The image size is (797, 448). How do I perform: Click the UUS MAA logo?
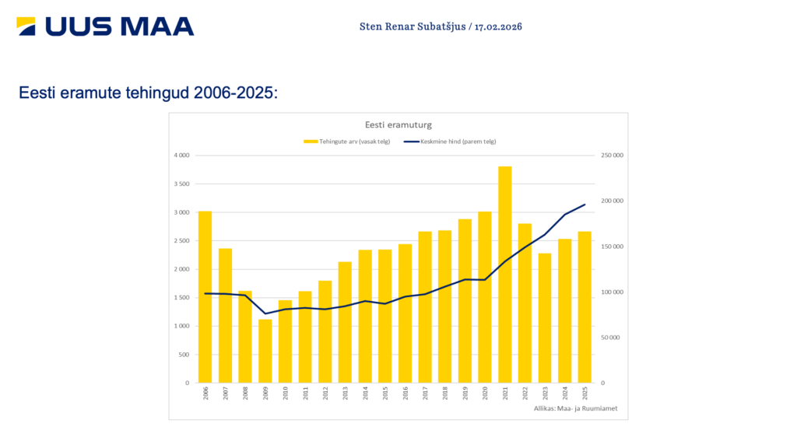click(x=105, y=26)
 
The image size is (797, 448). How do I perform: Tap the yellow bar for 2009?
click(x=265, y=351)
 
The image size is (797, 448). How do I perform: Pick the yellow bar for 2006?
click(x=205, y=296)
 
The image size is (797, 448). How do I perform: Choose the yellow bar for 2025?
click(x=585, y=306)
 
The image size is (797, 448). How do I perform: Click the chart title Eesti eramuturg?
click(x=398, y=124)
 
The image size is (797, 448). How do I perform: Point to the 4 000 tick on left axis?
click(x=181, y=156)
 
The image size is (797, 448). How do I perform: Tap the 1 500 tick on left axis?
click(x=181, y=298)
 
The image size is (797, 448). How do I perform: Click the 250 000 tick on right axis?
click(x=611, y=156)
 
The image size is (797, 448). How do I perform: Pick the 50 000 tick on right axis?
click(x=609, y=338)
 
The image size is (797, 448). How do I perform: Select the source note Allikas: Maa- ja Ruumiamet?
click(x=570, y=408)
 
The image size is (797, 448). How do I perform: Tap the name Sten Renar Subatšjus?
click(x=412, y=26)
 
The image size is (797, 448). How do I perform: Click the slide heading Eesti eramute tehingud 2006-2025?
click(x=148, y=93)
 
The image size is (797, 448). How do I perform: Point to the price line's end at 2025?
click(x=585, y=205)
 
